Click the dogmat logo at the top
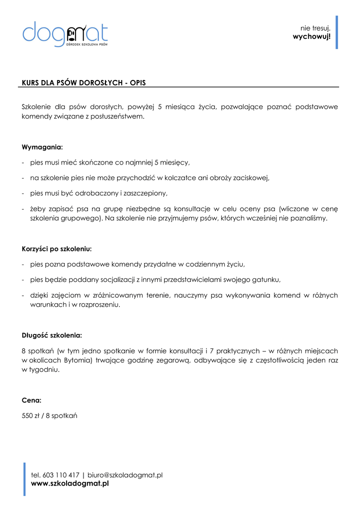65,33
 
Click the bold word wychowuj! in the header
312,37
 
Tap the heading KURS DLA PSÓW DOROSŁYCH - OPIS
84,83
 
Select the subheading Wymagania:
42,147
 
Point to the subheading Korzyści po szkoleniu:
57,249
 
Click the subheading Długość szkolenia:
52,335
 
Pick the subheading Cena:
31,400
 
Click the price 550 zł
31,416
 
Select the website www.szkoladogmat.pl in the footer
70,483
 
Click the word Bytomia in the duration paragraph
77,360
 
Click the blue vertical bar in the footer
24,479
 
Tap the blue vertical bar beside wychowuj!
337,32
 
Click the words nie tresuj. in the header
315,28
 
